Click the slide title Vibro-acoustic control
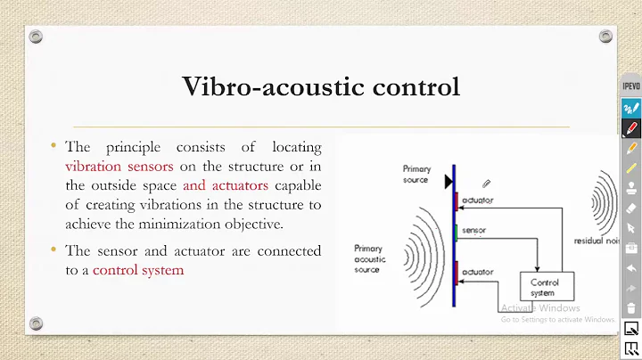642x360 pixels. [x=320, y=87]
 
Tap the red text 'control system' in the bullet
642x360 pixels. [x=138, y=270]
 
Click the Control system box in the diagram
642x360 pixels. [x=545, y=287]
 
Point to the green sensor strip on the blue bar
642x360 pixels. [x=456, y=233]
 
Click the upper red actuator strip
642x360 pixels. [x=456, y=202]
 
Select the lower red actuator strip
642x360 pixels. [x=456, y=270]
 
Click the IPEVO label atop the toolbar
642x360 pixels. [x=630, y=86]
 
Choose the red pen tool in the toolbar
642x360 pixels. [x=630, y=128]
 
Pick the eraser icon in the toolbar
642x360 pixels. [x=630, y=208]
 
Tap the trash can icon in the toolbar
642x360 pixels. [x=630, y=307]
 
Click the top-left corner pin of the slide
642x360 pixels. [x=35, y=37]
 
